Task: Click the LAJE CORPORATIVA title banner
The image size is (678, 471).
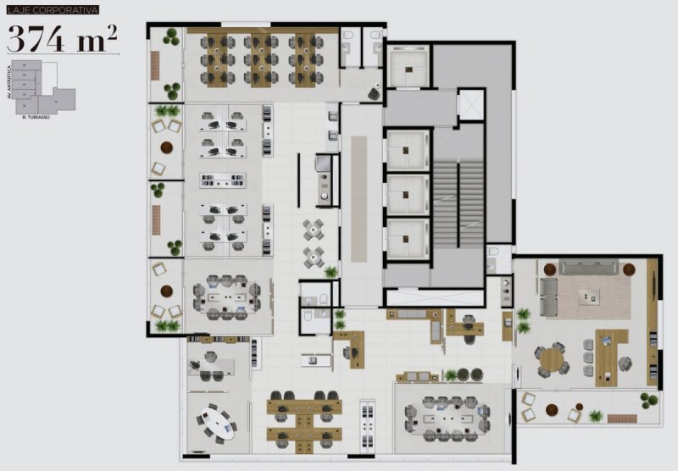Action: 53,10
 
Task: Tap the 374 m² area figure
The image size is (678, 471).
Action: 62,38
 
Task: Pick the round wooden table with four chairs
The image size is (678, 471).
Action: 552,359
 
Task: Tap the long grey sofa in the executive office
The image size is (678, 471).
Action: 589,268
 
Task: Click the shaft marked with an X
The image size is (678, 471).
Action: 470,104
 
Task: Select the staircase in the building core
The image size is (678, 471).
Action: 458,200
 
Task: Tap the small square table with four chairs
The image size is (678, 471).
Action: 314,229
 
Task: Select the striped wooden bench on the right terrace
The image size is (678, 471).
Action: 622,418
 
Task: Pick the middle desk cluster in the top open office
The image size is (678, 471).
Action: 260,60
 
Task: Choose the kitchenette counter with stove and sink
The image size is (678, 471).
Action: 324,178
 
